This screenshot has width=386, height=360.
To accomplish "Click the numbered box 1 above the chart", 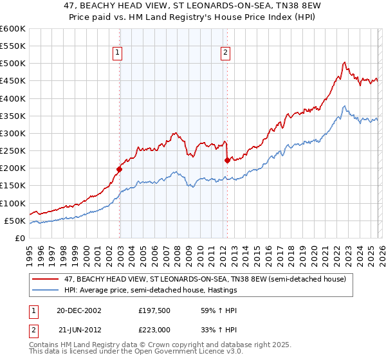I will click(119, 54).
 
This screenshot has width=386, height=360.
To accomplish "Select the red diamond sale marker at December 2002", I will click(119, 170).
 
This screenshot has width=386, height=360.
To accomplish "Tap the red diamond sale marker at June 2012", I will click(227, 161).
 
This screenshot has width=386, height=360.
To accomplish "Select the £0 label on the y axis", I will click(21, 238).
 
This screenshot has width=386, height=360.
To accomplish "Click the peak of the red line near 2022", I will click(345, 62).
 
